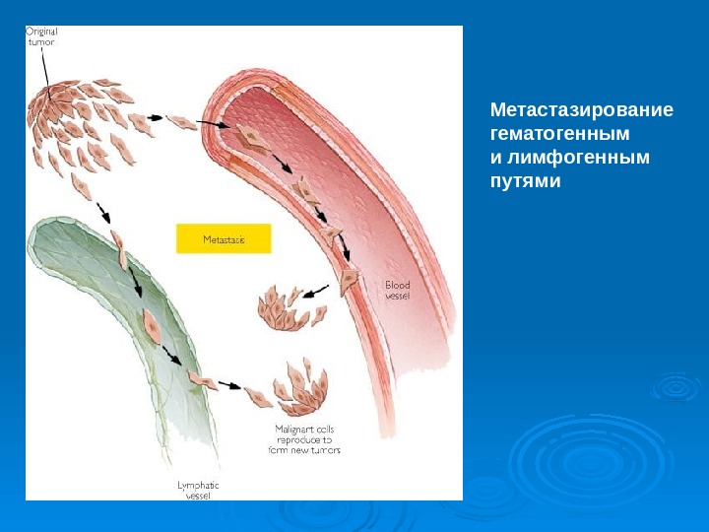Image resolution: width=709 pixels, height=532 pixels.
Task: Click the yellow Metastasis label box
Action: [223, 238]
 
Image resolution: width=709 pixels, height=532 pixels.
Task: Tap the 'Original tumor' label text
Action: [41, 36]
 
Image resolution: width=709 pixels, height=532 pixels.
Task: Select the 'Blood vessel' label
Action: [398, 291]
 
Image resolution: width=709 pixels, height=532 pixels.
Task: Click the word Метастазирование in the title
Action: [582, 108]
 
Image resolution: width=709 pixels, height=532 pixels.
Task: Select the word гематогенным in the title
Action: [559, 133]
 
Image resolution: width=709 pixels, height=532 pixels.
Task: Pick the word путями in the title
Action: [525, 182]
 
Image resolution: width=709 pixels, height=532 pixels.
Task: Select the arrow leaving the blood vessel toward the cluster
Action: [315, 292]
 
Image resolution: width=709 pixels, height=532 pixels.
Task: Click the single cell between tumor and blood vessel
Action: [181, 123]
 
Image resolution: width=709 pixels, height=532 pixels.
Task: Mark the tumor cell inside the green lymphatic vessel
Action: [152, 325]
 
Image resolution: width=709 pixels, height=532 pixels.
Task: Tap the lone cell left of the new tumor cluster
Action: [258, 397]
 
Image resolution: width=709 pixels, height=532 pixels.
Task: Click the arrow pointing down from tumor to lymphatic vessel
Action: [103, 212]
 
